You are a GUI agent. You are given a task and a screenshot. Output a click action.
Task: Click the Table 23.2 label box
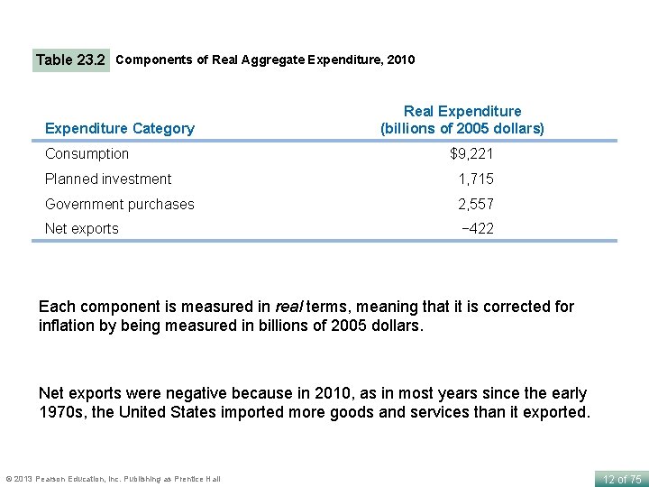(x=70, y=60)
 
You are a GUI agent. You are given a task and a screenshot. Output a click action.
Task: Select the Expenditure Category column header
(x=120, y=128)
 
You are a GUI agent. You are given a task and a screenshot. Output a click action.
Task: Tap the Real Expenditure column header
(x=462, y=119)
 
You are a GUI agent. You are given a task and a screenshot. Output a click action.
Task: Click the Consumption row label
(x=87, y=154)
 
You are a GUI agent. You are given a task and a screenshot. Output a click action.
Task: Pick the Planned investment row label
(x=108, y=179)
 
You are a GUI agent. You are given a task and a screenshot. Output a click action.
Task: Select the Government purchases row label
(x=120, y=204)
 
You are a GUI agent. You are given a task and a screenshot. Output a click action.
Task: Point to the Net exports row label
(x=82, y=228)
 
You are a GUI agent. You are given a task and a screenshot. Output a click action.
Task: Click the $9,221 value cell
(x=471, y=154)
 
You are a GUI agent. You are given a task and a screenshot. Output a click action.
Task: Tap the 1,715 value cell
(x=475, y=179)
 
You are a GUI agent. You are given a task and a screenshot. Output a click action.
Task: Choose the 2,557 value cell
(x=475, y=204)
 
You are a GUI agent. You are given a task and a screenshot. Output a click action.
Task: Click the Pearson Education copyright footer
(x=113, y=478)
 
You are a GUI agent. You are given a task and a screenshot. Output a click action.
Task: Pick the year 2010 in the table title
(x=399, y=60)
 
